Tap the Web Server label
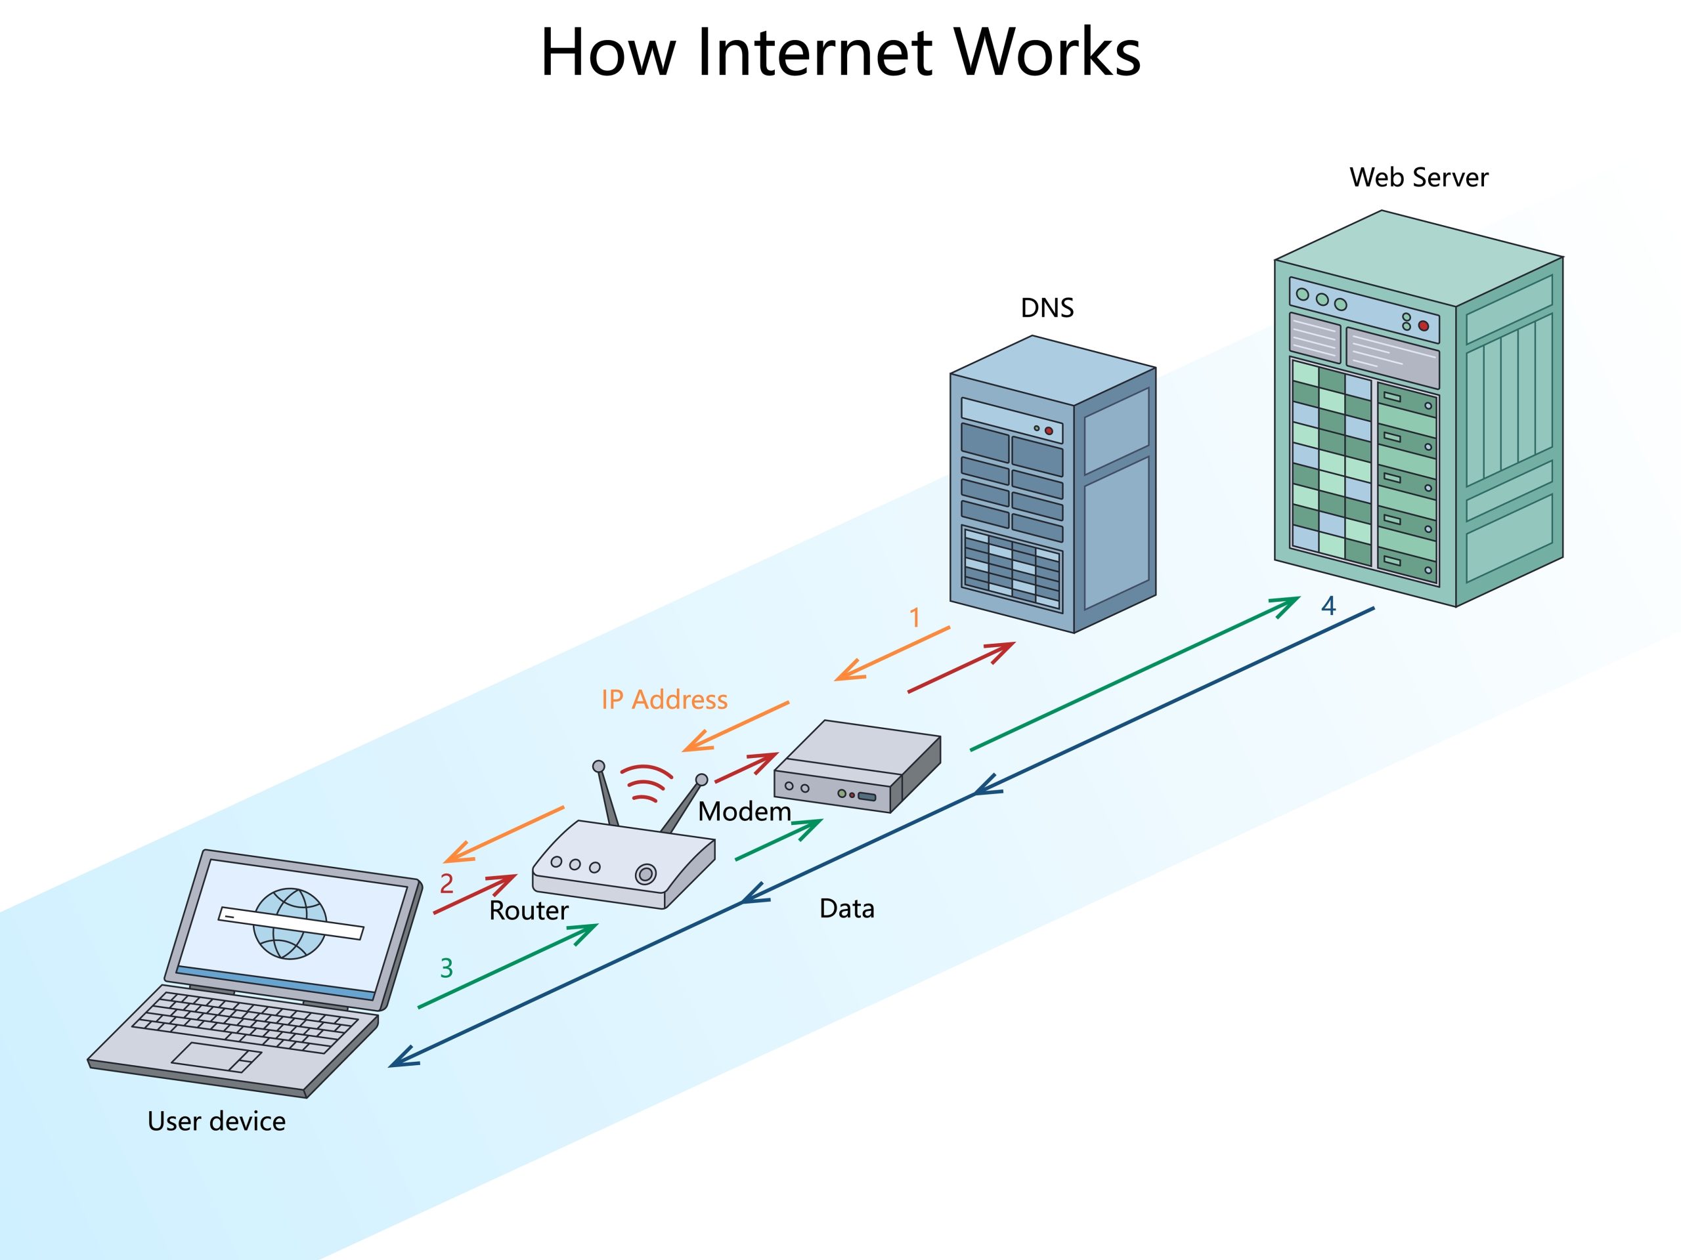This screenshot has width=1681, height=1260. click(x=1418, y=178)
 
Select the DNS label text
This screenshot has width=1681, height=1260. click(x=1047, y=308)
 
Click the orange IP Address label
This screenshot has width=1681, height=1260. click(x=665, y=700)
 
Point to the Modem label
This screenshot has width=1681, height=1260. click(x=744, y=812)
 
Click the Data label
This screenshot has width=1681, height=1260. click(x=846, y=909)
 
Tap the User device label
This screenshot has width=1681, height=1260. click(x=217, y=1122)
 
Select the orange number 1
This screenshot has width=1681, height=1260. click(x=915, y=618)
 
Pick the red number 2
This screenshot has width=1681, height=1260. click(x=447, y=883)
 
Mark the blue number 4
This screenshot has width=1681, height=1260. click(x=1328, y=605)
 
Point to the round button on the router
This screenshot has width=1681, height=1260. click(x=645, y=874)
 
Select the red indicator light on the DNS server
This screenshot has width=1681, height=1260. click(x=1049, y=430)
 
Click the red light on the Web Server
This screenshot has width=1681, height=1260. click(x=1424, y=325)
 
